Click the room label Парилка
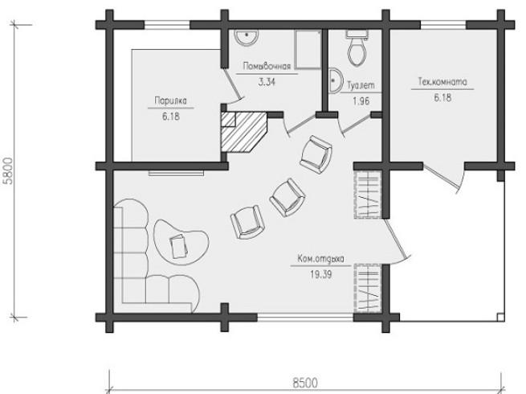pos(170,101)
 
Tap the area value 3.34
pos(267,82)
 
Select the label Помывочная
pos(267,66)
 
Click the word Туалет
pos(361,86)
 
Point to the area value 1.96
pos(361,101)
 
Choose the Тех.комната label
pos(442,82)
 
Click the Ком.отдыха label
pos(320,259)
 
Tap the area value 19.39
pos(320,274)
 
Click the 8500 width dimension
pos(305,383)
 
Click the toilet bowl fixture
pos(357,48)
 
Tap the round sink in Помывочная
pos(247,37)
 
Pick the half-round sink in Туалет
pos(335,80)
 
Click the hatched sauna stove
pos(244,132)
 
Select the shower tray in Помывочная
pos(308,50)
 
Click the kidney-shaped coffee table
pos(181,242)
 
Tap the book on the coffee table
pos(178,246)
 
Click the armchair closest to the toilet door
pos(316,154)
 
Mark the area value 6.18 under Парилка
pos(171,117)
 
